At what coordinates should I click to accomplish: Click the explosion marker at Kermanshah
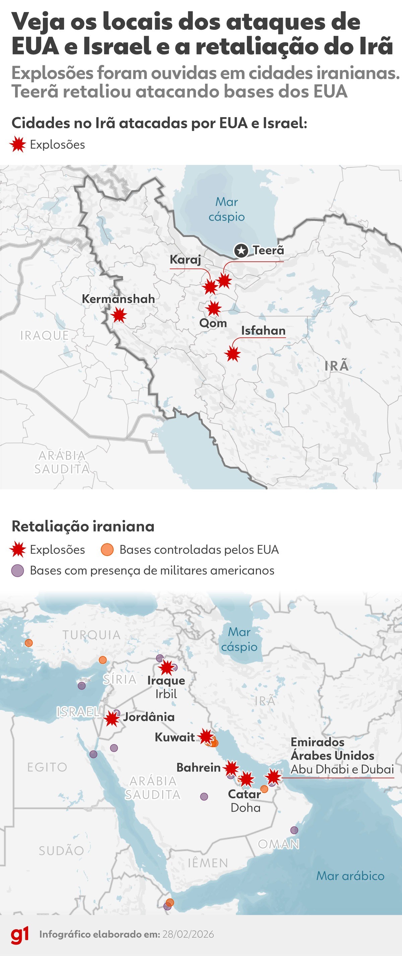coord(119,315)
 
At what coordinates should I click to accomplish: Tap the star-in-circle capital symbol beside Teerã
coord(241,250)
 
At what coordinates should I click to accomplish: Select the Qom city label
coord(213,323)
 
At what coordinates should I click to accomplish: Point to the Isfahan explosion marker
coord(232,354)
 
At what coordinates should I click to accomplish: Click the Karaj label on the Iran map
coord(185,259)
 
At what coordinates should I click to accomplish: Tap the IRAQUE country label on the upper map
coord(45,335)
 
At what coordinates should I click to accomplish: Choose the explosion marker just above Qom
coord(214,308)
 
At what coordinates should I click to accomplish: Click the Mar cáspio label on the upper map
coord(227,209)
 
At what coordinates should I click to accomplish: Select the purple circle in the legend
coord(18,570)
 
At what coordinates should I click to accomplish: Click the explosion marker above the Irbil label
coord(166,668)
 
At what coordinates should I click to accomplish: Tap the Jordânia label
coord(149,717)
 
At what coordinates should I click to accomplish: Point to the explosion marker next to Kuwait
coord(206,737)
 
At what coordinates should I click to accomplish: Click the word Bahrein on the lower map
coord(198,768)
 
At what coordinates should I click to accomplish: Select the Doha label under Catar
coord(245,808)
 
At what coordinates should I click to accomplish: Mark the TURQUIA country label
coord(91,635)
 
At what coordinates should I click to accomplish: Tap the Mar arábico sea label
coord(350,876)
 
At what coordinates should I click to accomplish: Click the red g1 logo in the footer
coord(20,935)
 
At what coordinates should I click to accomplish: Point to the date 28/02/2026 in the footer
coord(188,935)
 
